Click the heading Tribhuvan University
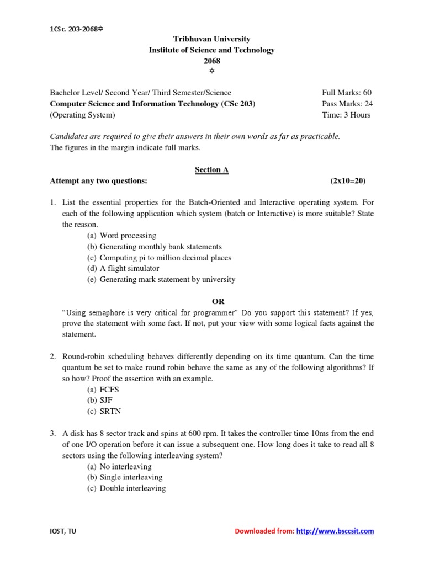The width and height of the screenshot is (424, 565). point(212,39)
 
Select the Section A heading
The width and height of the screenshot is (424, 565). point(211,170)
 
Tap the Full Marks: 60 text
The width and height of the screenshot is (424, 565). point(346,93)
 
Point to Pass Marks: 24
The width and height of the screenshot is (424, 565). point(346,104)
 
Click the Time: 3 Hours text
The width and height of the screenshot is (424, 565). point(346,115)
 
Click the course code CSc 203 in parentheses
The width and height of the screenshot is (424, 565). point(239,104)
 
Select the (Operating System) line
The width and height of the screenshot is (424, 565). point(83,115)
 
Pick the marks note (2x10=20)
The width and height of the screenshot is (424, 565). point(348,181)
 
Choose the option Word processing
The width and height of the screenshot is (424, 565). point(128,236)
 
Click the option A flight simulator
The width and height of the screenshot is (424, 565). point(129,268)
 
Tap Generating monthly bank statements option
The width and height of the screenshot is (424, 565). point(161,247)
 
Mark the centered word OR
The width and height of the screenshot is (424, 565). point(219,301)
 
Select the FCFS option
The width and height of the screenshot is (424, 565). point(109,390)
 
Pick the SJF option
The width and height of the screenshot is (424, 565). point(107,401)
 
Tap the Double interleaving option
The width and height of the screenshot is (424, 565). point(132,488)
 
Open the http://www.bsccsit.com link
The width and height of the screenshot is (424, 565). point(335,531)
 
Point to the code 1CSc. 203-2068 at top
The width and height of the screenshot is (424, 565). point(75,29)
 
